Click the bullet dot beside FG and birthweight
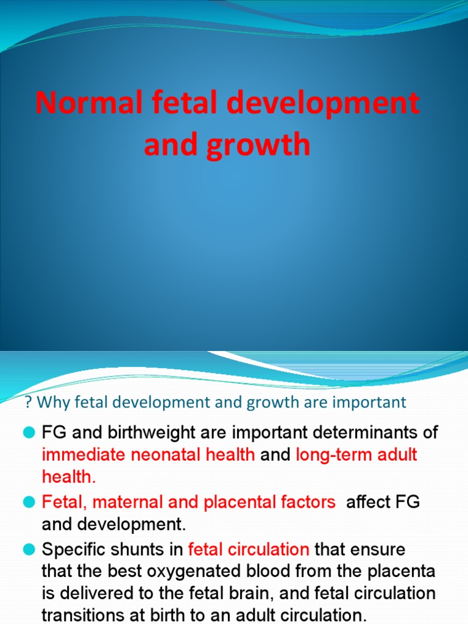pos(28,433)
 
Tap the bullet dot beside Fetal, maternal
pos(28,502)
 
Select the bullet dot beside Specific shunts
pos(28,550)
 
